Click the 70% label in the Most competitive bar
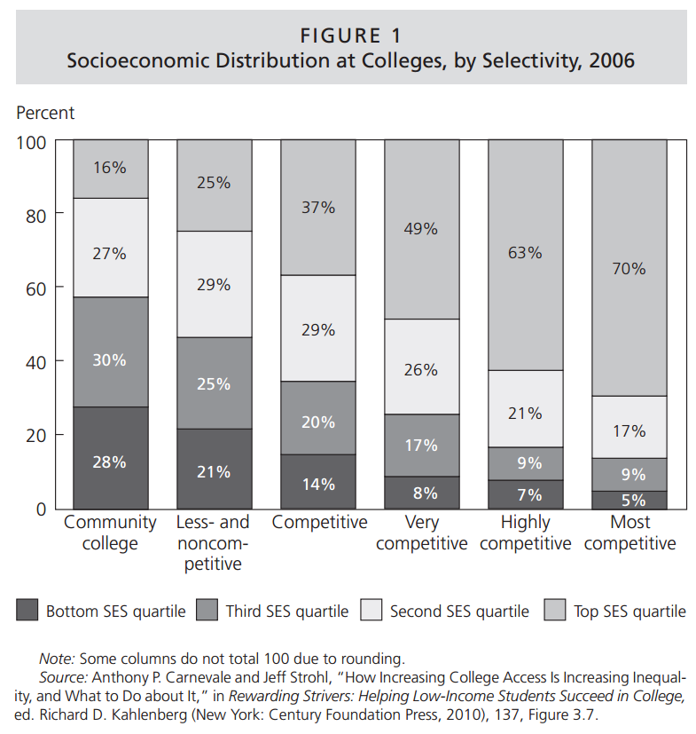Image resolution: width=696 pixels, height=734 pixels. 629,268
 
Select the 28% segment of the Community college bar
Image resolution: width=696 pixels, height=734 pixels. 111,462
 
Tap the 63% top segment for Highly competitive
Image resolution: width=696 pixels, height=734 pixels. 525,253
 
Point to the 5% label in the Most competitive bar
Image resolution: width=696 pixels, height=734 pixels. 629,500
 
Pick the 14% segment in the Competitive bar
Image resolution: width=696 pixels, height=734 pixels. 317,484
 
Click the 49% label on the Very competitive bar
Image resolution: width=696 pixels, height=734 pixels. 421,228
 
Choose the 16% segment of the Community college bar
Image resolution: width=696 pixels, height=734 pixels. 111,168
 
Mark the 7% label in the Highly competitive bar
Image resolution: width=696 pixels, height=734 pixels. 525,494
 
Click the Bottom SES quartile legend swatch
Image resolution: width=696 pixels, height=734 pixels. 27,611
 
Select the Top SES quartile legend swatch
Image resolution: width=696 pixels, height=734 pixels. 554,611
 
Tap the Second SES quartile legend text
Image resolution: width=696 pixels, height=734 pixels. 459,612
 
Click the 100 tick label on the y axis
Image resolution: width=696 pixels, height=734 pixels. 32,140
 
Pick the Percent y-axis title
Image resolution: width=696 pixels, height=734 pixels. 45,113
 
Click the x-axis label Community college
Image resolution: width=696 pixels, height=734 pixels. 111,533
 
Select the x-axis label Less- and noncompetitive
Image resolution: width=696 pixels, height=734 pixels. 213,542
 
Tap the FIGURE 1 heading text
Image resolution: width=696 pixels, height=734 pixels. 351,36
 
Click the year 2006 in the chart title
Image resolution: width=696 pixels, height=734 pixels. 609,61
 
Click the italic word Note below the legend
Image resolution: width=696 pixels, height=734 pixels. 57,659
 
